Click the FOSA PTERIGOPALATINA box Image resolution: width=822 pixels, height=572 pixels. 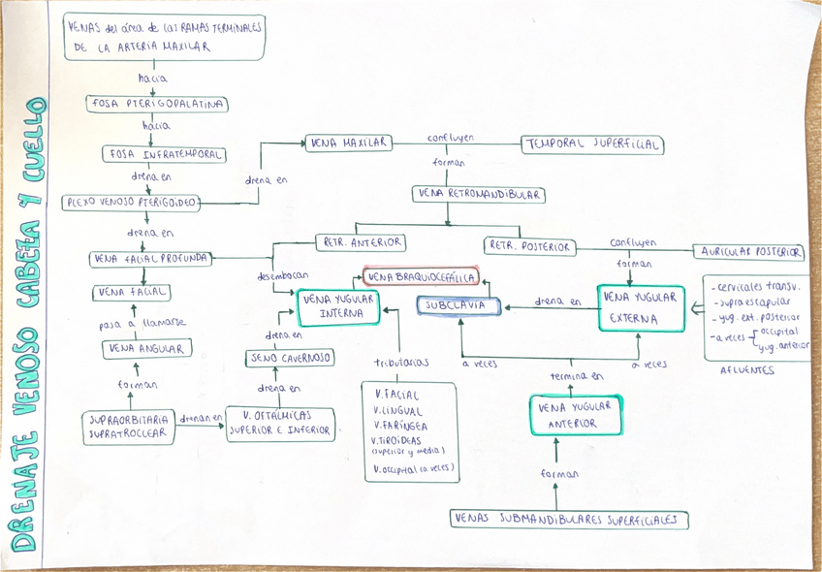click(157, 104)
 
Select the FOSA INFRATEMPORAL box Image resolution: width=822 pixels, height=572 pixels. click(164, 154)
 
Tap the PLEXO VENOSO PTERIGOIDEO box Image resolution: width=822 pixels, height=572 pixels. click(132, 203)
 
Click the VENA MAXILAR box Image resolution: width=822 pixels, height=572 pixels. click(349, 143)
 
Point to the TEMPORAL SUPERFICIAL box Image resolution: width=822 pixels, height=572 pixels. click(592, 144)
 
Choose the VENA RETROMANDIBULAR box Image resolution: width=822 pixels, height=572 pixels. click(478, 194)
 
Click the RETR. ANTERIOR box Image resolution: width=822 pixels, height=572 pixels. click(360, 242)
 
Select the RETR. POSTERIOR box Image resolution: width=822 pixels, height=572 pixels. click(530, 246)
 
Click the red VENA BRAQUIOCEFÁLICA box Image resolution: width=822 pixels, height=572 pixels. click(422, 277)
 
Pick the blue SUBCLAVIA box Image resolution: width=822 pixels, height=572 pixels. click(458, 305)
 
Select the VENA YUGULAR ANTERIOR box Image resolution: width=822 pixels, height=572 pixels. click(576, 415)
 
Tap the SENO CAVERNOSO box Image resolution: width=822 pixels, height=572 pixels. click(289, 358)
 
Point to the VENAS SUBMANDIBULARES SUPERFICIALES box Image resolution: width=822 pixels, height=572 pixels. click(569, 520)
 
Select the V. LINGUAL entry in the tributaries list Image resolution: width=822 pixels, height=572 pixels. click(398, 411)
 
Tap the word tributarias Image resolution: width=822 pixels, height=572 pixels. click(401, 363)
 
